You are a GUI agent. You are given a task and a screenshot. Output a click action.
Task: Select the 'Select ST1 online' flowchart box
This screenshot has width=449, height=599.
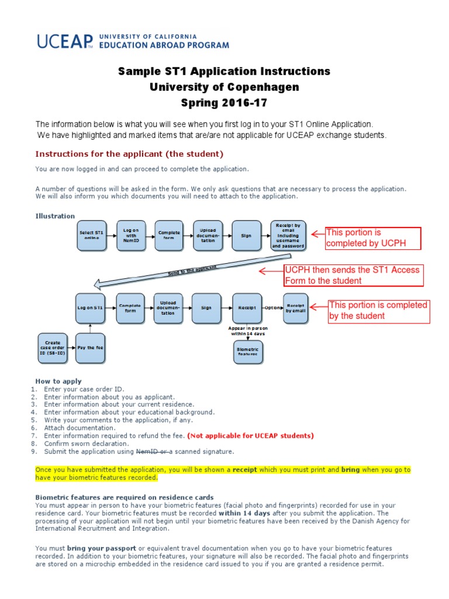(91, 235)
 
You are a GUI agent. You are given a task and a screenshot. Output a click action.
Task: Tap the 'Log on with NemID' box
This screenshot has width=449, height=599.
(129, 235)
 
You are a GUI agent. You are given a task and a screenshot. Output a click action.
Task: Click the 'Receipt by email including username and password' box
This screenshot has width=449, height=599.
(288, 235)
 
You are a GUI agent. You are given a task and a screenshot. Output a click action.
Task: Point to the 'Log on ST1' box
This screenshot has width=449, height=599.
(91, 307)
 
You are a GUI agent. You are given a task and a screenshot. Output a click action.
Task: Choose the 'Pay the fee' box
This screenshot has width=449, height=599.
(91, 347)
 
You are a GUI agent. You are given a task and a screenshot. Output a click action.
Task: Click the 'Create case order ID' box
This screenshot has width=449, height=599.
(53, 347)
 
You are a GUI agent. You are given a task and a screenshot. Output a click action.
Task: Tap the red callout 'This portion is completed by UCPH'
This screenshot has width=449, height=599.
(365, 238)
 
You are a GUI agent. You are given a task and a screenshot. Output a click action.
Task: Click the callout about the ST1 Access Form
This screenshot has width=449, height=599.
(353, 275)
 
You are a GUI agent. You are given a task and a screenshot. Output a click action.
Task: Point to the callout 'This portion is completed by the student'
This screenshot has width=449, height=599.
(379, 311)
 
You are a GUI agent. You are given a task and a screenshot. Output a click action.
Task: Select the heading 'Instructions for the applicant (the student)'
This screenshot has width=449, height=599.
(129, 154)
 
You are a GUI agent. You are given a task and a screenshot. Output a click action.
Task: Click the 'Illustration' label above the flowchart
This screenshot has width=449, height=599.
(55, 216)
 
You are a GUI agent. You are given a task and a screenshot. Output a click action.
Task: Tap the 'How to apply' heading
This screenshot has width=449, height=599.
(58, 381)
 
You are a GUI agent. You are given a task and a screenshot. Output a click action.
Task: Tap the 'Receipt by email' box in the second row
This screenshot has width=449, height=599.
(295, 307)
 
